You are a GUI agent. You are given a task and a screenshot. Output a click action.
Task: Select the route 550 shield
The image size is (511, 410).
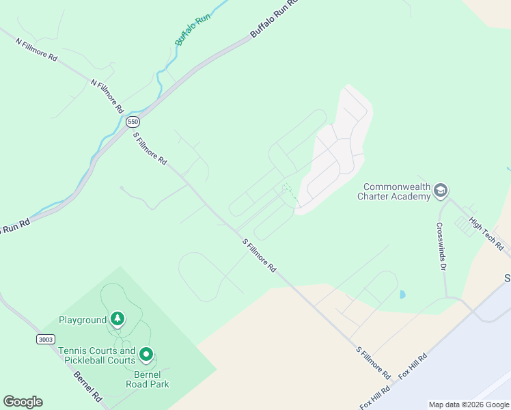point(133,122)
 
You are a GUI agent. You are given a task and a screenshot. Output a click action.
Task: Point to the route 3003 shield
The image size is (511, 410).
point(45,339)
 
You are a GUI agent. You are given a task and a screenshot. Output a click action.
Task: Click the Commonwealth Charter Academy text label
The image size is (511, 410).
point(394,191)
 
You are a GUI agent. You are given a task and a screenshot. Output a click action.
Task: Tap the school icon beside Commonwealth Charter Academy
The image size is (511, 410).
point(441,190)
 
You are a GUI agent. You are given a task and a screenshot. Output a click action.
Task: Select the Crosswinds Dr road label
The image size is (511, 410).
point(441,246)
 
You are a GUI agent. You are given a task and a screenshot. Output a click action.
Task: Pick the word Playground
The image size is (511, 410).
point(83,320)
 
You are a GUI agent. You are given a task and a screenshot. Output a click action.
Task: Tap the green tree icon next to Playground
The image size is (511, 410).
point(118,319)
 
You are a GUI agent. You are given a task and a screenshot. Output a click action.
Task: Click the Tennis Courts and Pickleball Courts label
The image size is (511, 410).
point(96,355)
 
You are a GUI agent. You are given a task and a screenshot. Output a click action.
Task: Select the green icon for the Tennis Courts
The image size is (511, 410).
point(146,355)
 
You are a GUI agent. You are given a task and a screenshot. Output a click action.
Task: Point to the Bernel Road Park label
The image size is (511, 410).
point(147,379)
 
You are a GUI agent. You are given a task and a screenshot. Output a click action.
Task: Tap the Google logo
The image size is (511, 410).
point(23,402)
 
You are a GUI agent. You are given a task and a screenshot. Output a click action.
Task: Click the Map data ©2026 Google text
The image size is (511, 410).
point(469,405)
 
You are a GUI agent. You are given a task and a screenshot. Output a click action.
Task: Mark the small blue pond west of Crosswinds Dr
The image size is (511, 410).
point(402,295)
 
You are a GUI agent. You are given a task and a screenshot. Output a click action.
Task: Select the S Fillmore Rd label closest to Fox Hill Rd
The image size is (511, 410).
point(373,363)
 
